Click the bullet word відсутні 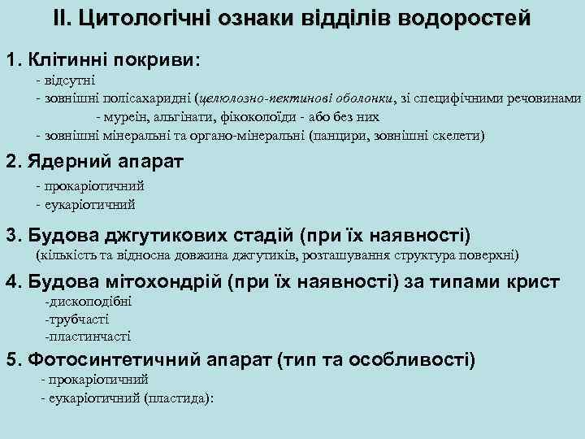click(x=70, y=81)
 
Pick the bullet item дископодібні click(x=89, y=302)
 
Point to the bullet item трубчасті click(x=80, y=319)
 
